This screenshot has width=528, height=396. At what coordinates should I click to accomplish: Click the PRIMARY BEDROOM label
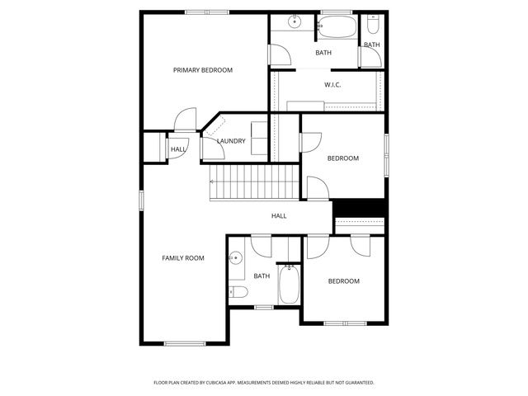(202, 70)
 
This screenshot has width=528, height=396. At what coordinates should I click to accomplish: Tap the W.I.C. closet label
(332, 84)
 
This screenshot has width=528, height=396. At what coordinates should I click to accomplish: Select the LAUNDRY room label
(231, 141)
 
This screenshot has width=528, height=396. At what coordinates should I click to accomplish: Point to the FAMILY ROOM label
(182, 258)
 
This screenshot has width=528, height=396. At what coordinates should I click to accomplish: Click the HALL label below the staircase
(279, 216)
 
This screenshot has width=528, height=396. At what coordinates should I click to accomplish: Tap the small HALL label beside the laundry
(178, 149)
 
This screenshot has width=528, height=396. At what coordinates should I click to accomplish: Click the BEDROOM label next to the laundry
(343, 158)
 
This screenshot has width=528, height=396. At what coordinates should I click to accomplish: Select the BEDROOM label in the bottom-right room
(344, 281)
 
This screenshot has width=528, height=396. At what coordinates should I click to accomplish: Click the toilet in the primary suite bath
(372, 21)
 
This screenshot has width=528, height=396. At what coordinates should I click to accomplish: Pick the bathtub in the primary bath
(338, 26)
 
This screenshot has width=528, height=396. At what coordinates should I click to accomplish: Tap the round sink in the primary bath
(295, 21)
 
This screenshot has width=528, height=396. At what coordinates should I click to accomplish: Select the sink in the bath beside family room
(235, 258)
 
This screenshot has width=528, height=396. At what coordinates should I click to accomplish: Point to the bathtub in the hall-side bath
(289, 285)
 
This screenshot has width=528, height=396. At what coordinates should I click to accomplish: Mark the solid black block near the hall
(359, 208)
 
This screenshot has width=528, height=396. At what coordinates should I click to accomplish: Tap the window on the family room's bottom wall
(184, 343)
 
